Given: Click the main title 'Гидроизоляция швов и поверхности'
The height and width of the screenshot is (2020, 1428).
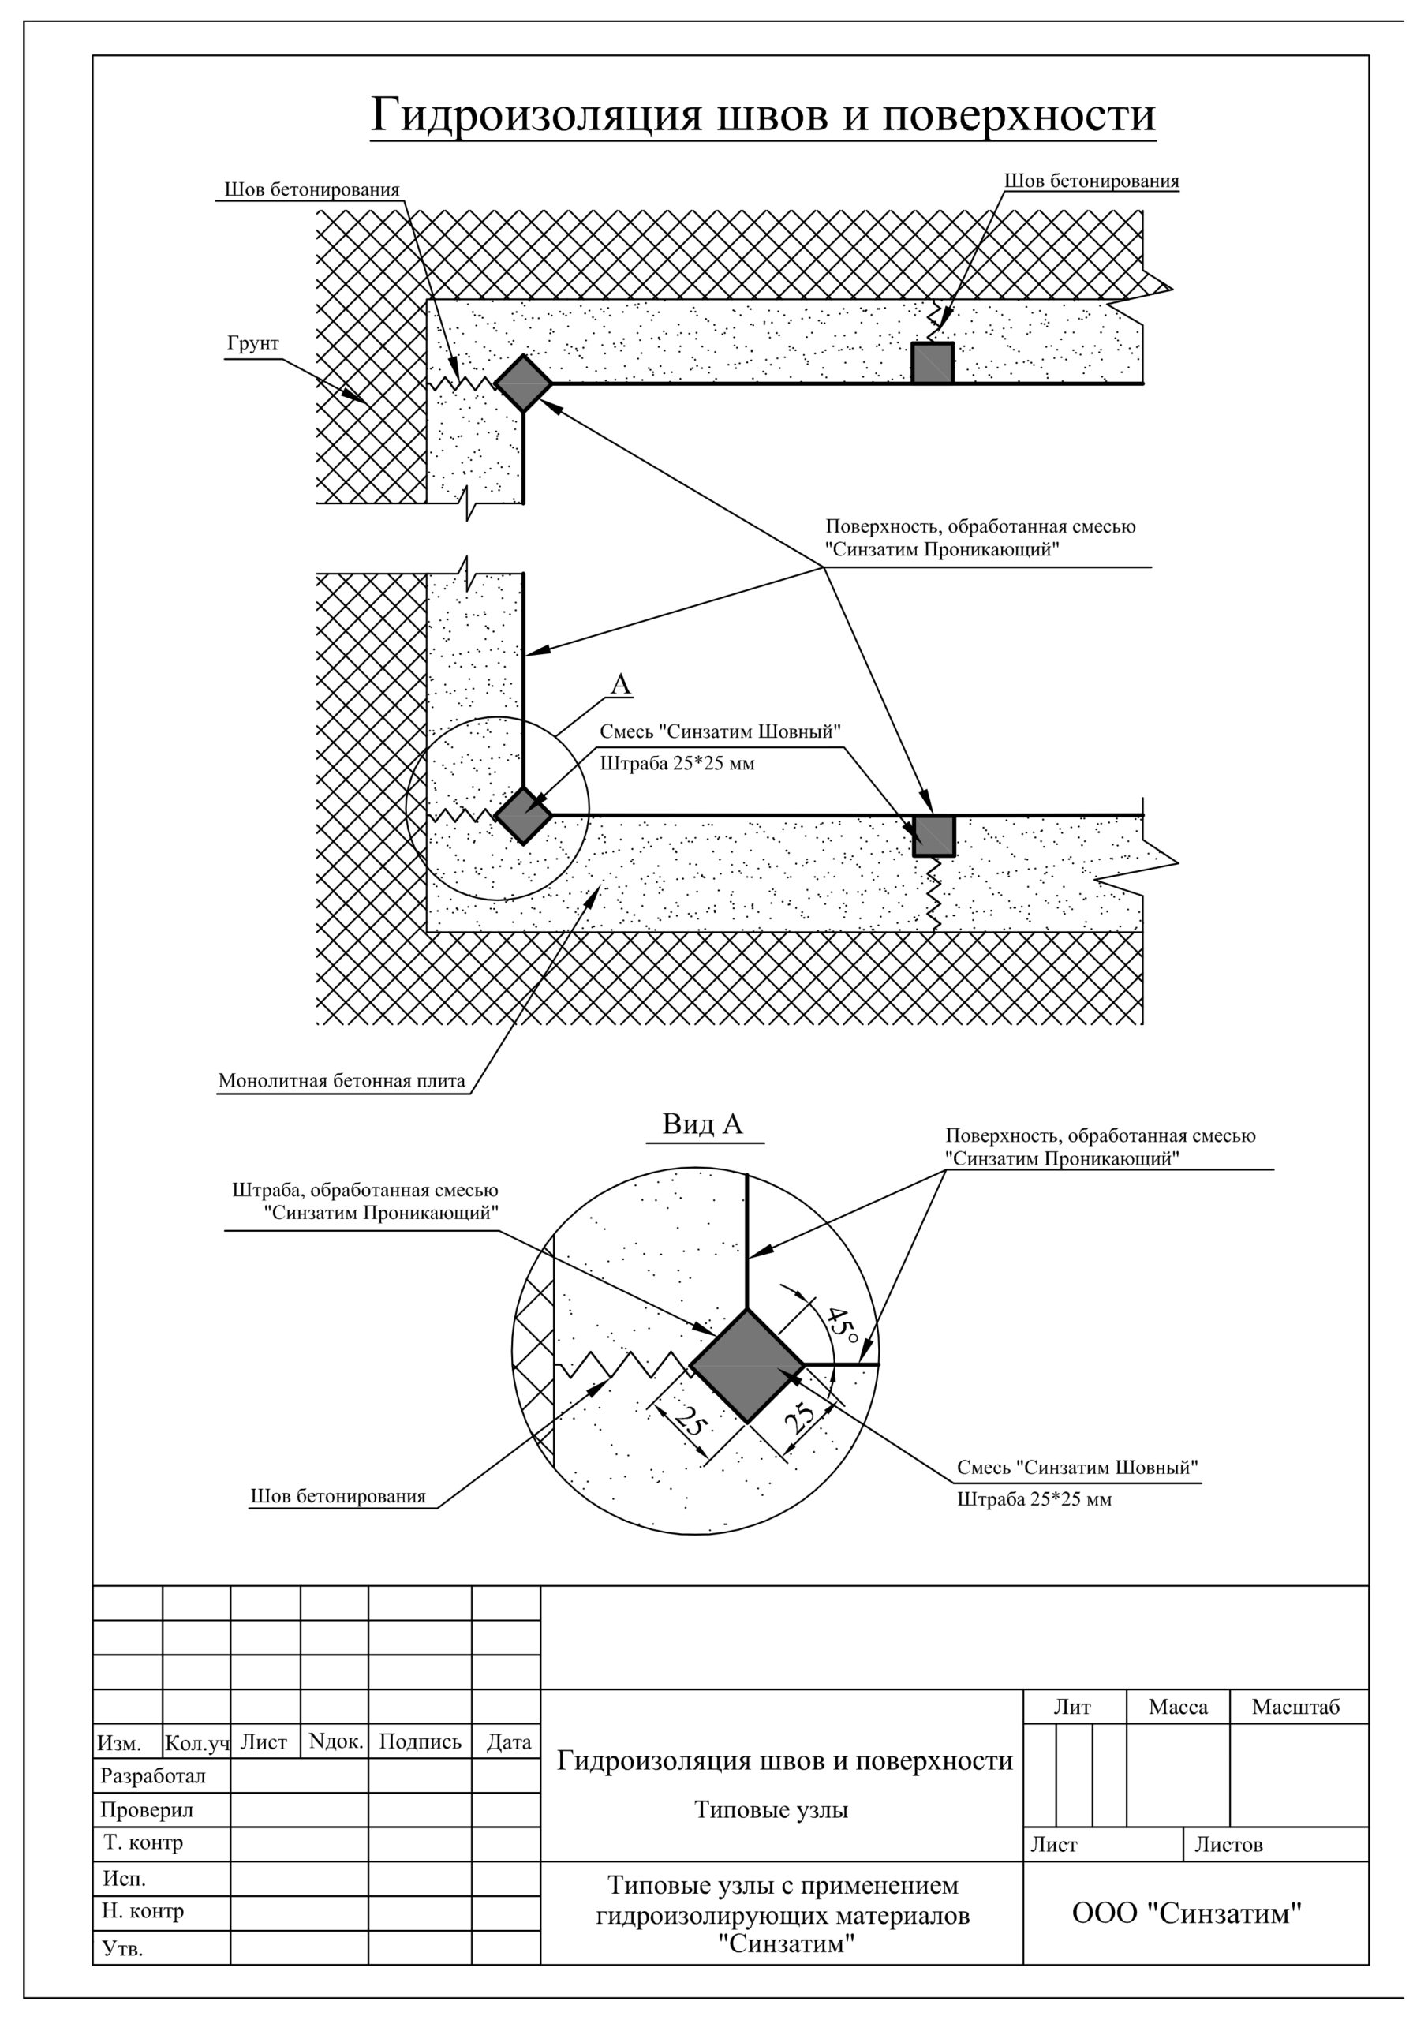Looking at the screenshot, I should (762, 115).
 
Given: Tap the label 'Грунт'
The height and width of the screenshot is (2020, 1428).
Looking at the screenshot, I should (252, 343).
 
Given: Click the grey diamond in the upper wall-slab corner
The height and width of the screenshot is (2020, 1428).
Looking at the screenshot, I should (524, 383).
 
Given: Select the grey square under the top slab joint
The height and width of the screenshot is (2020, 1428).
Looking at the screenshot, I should (932, 362).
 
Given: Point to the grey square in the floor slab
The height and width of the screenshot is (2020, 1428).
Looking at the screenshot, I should (933, 835).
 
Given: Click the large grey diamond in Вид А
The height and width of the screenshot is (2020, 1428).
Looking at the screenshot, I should (747, 1365).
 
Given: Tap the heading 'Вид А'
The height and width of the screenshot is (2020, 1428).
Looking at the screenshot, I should (703, 1124).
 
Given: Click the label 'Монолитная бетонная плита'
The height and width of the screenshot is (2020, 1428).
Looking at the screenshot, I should (342, 1080).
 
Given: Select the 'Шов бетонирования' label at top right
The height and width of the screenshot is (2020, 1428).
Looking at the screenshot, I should (1091, 181).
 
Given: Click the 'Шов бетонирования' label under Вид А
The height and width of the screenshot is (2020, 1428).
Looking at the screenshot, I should (338, 1495).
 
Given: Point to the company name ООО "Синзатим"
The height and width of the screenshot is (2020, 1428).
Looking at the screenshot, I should (1186, 1912).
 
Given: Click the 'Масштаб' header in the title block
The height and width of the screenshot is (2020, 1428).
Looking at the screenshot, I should (1295, 1707).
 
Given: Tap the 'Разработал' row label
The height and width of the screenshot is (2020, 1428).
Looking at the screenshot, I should (153, 1775).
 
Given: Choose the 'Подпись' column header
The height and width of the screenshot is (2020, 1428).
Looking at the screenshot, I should (420, 1742).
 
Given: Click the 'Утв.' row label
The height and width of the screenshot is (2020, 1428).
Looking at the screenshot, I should (123, 1948).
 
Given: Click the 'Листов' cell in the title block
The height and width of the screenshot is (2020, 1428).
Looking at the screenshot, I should (1228, 1845).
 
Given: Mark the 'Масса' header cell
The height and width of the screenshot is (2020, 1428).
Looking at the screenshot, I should (1177, 1707).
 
